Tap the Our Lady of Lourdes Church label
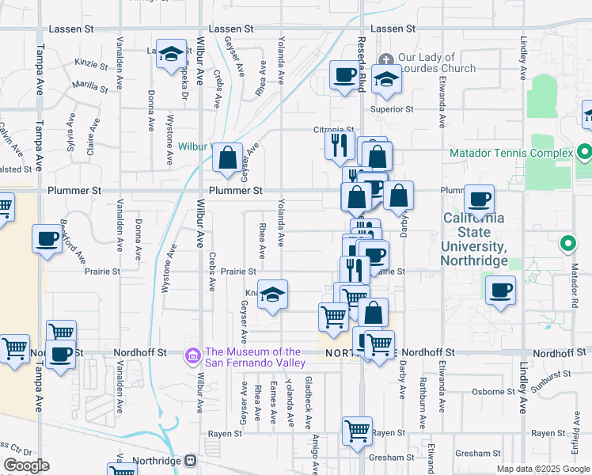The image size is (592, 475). [x=426, y=63]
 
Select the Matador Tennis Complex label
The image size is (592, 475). [x=510, y=153]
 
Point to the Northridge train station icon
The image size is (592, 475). [x=190, y=460]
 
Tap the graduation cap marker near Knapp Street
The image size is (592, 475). [x=272, y=295]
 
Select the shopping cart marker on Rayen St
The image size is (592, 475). [x=358, y=431]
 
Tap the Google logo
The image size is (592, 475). [x=26, y=465]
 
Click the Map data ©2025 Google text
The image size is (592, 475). [x=543, y=469]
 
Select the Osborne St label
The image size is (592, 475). [x=494, y=391]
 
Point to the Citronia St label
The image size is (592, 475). [x=332, y=130]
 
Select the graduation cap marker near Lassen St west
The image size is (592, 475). [x=169, y=55]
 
